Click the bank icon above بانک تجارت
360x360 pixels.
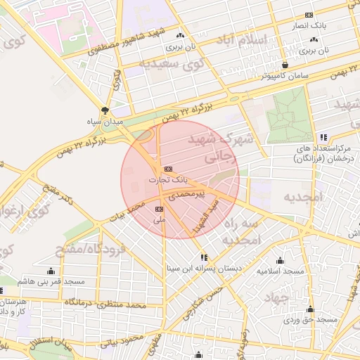click(167, 169)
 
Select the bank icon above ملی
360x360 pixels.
click(159, 209)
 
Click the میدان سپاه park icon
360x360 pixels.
click(105, 110)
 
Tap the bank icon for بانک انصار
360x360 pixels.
click(309, 15)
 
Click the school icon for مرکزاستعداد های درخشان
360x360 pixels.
click(323, 137)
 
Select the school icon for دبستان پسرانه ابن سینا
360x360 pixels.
click(204, 257)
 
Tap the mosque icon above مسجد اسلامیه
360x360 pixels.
click(280, 260)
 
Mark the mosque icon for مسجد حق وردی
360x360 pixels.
click(310, 309)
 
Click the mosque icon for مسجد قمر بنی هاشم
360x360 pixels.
click(51, 271)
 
